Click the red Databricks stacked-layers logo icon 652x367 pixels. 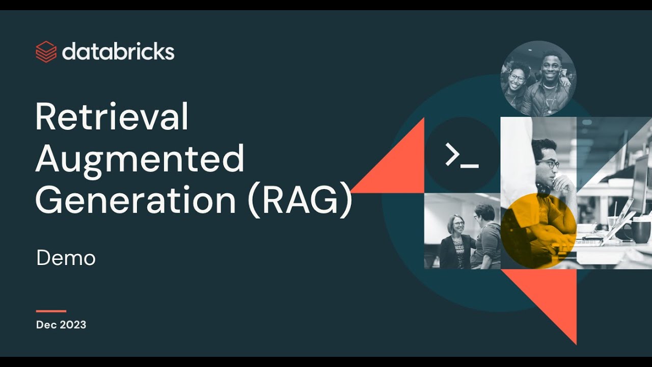[46, 51]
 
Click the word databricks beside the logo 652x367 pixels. [118, 51]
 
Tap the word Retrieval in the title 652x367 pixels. [112, 117]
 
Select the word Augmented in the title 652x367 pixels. [140, 159]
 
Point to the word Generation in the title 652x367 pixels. [135, 200]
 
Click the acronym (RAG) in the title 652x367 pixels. [300, 200]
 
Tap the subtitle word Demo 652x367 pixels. [66, 258]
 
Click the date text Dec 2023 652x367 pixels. [61, 325]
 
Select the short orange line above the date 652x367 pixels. [51, 311]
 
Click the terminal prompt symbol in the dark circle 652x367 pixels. [461, 155]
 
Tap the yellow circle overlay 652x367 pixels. [538, 231]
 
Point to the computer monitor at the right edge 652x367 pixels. [641, 183]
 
